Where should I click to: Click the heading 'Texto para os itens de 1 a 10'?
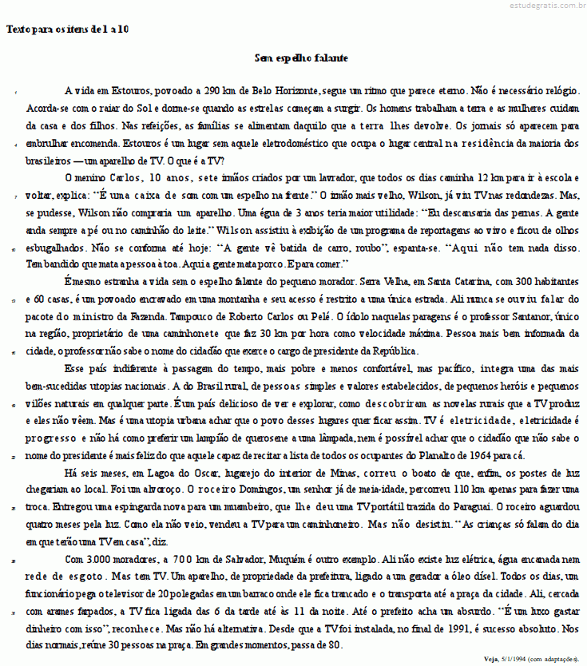pyautogui.click(x=67, y=30)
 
